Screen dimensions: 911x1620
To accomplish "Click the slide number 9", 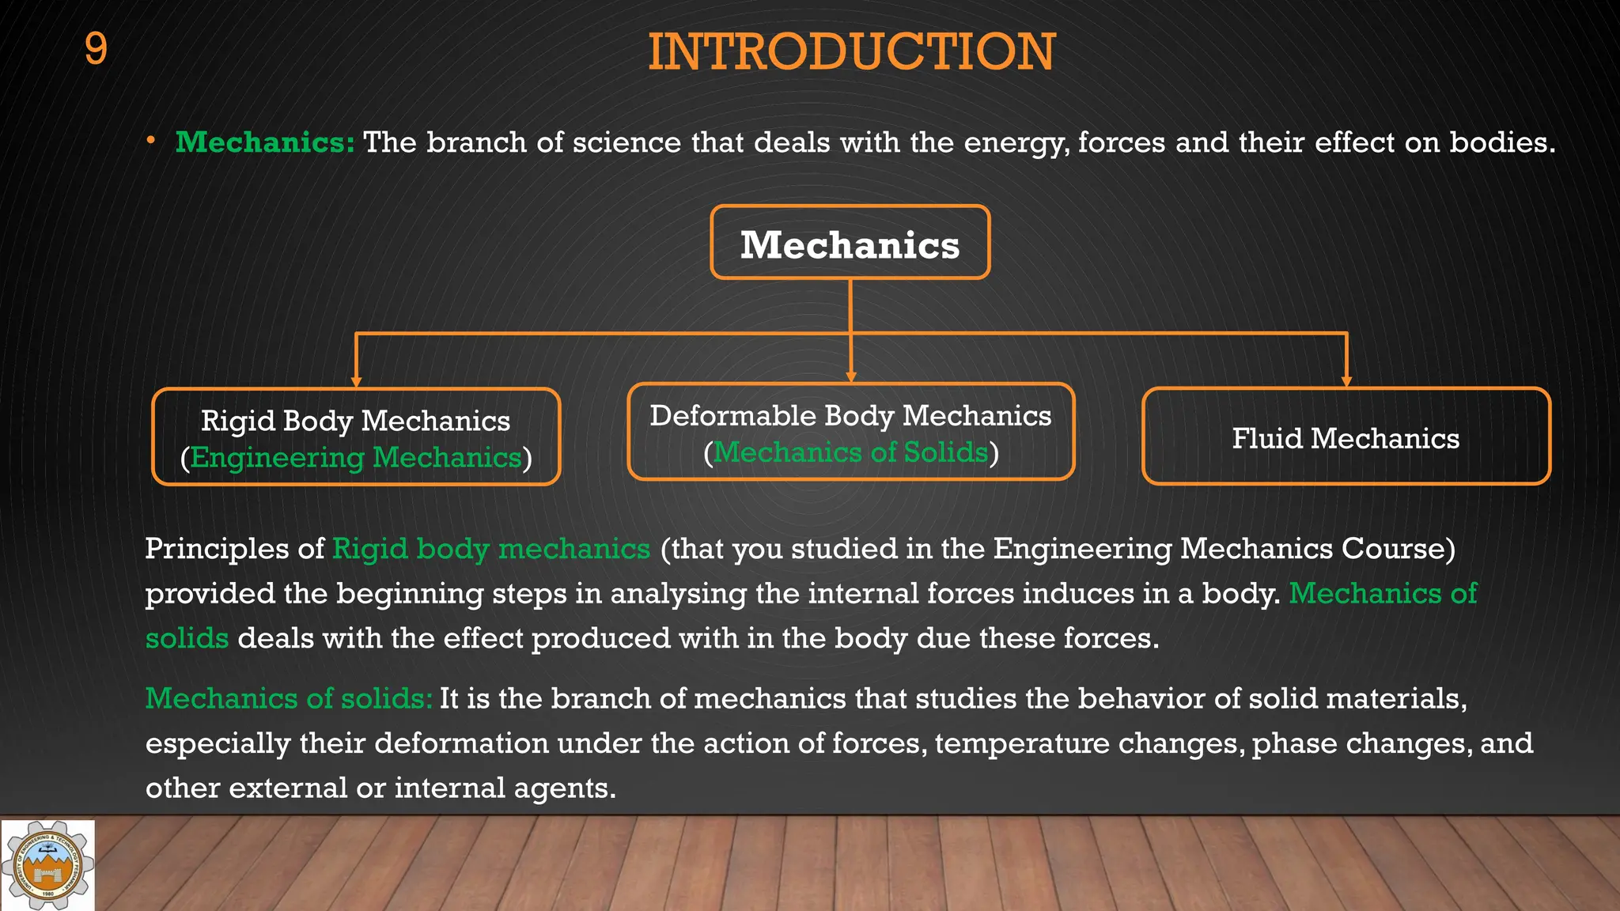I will pyautogui.click(x=96, y=49).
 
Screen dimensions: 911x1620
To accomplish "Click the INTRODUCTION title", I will pyautogui.click(x=851, y=52).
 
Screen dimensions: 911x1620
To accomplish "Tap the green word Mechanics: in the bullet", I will pyautogui.click(x=265, y=142).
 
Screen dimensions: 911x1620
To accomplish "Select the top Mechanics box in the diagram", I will pyautogui.click(x=850, y=243).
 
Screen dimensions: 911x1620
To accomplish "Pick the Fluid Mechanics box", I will pyautogui.click(x=1346, y=437).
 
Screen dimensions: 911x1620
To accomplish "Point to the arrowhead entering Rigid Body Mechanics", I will pyautogui.click(x=357, y=381).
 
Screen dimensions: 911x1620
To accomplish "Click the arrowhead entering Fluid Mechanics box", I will pyautogui.click(x=1346, y=381).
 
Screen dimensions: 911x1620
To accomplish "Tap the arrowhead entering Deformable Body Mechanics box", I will pyautogui.click(x=851, y=376).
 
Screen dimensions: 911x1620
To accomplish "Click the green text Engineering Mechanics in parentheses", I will pyautogui.click(x=356, y=457).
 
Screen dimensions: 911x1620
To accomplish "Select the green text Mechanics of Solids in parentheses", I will pyautogui.click(x=850, y=452).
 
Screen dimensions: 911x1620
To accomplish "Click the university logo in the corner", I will pyautogui.click(x=47, y=865).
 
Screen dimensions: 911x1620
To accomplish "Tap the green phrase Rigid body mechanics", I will pyautogui.click(x=491, y=549).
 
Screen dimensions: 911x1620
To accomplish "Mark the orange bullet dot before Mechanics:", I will pyautogui.click(x=150, y=141).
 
